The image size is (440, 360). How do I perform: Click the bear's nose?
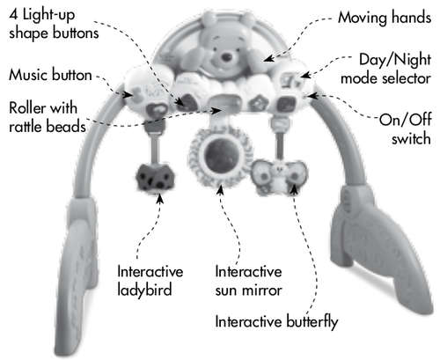click(x=226, y=57)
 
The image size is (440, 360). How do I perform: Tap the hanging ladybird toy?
click(x=155, y=177)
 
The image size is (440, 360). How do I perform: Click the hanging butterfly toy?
click(x=279, y=176)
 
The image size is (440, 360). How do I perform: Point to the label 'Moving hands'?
click(x=385, y=18)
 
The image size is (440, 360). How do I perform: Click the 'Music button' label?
click(x=50, y=75)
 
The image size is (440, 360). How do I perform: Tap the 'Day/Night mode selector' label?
click(x=386, y=70)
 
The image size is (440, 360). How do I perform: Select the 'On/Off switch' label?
click(x=406, y=129)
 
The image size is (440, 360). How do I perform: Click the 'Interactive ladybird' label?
click(x=150, y=281)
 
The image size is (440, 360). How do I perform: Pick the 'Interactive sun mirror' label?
click(x=248, y=281)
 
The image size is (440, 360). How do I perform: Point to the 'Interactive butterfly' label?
click(x=276, y=322)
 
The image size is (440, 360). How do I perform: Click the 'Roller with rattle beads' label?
click(x=48, y=117)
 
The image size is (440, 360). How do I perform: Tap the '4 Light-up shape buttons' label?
click(x=54, y=24)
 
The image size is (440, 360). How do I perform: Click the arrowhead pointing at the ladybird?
click(x=160, y=199)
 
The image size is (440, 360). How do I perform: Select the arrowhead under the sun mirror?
click(x=220, y=189)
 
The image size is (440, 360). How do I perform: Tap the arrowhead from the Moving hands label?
click(x=269, y=58)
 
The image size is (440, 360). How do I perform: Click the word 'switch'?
click(x=411, y=138)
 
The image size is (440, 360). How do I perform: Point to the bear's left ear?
click(x=208, y=18)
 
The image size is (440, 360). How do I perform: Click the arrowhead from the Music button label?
click(x=128, y=94)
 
